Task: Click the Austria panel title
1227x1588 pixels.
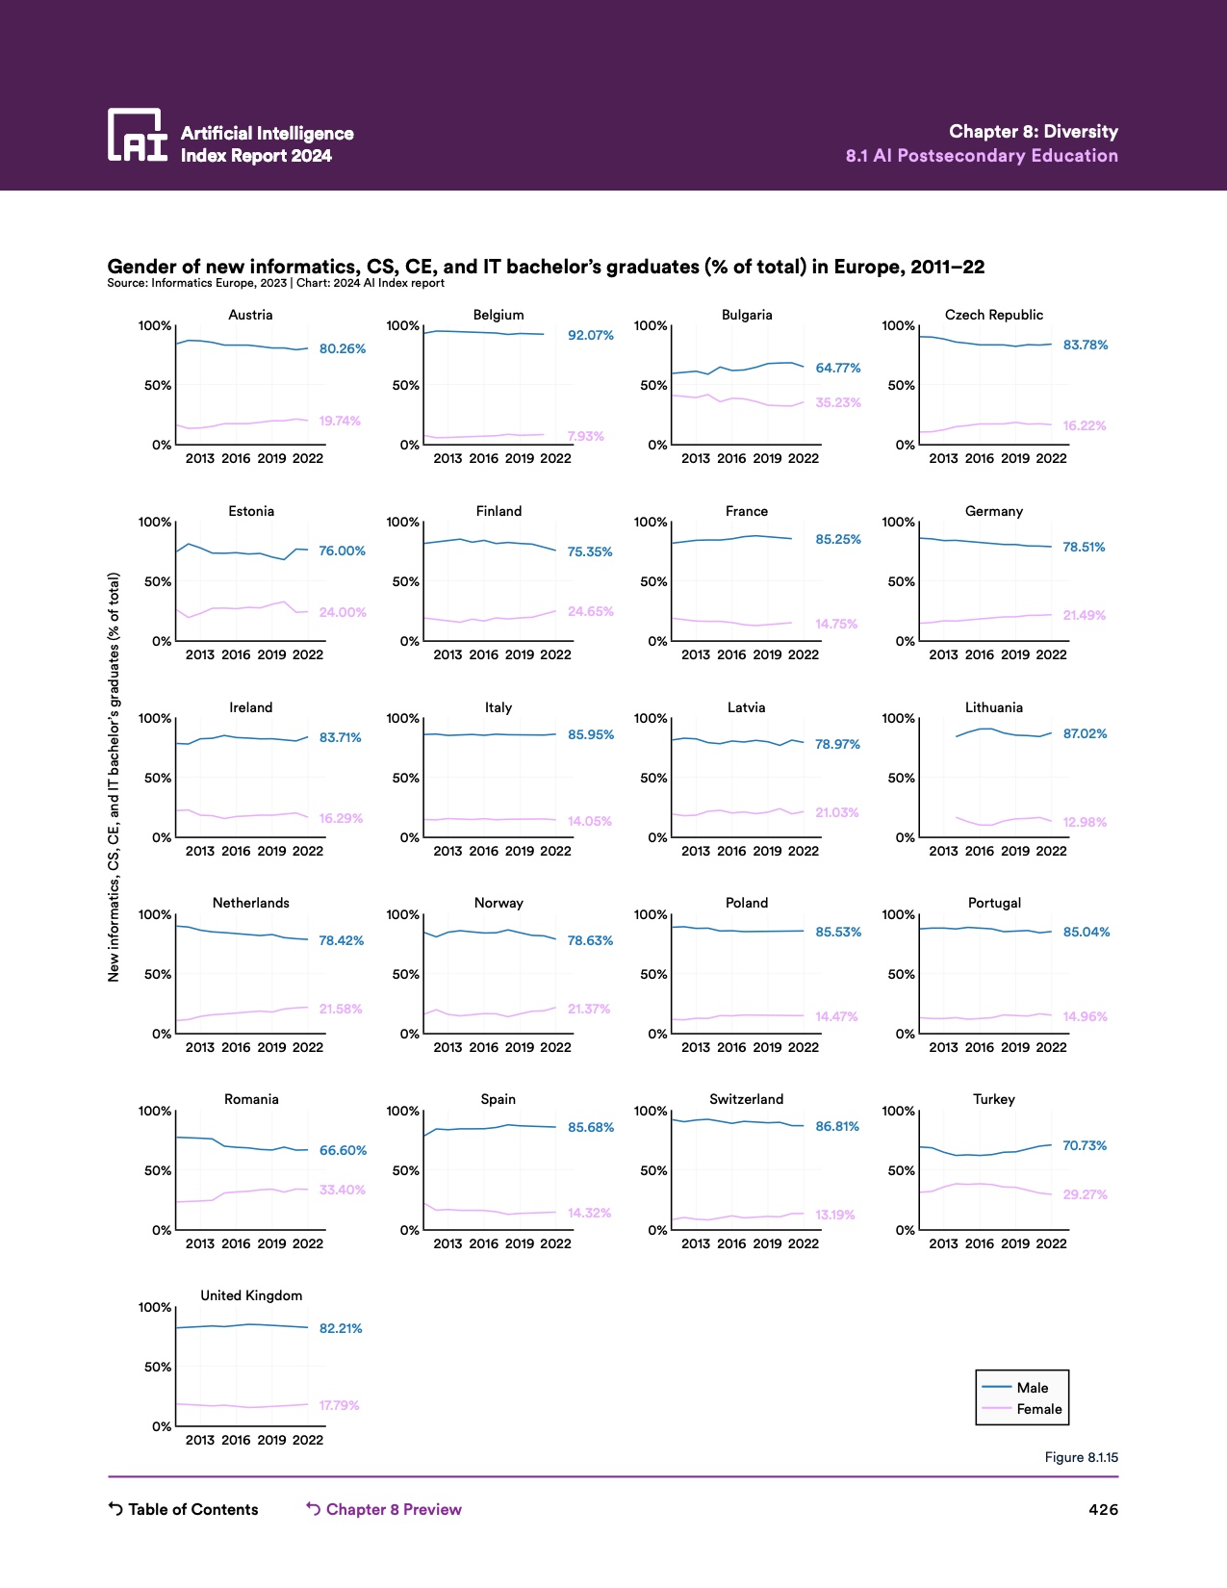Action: tap(250, 315)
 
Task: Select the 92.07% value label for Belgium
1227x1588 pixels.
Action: tap(590, 336)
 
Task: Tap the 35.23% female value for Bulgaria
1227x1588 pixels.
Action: tap(837, 402)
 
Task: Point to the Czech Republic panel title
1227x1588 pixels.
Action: tap(993, 315)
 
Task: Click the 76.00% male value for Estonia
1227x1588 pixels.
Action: tap(342, 551)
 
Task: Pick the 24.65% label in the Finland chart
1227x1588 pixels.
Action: tap(590, 611)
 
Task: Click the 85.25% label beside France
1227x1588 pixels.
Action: tap(837, 540)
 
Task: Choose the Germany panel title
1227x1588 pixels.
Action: tap(993, 511)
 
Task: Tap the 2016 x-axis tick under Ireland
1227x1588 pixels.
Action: tap(236, 851)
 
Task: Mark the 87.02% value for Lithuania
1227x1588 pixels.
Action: tap(1085, 733)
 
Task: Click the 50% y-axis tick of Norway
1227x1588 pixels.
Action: tap(405, 974)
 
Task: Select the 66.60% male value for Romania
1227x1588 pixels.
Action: tap(343, 1150)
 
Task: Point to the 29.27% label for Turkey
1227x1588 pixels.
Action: tap(1085, 1194)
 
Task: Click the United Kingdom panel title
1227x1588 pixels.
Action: tap(251, 1295)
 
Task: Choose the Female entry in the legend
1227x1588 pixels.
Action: tap(1039, 1409)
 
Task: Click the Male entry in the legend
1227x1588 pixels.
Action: tap(1032, 1388)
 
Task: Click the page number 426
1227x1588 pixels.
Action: tap(1103, 1509)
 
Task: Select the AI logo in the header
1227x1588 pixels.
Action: tap(138, 135)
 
